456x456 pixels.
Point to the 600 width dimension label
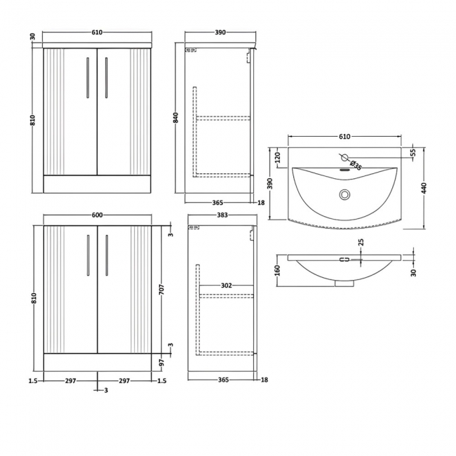tap(97, 215)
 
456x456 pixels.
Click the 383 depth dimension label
tap(222, 215)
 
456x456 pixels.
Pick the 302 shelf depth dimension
tap(225, 286)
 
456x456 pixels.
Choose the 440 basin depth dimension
tap(425, 187)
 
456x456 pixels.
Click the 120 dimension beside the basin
tap(278, 156)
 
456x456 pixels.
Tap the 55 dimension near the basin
tap(413, 152)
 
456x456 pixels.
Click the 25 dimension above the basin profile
tap(361, 243)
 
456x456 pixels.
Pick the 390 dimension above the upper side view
tap(220, 33)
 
